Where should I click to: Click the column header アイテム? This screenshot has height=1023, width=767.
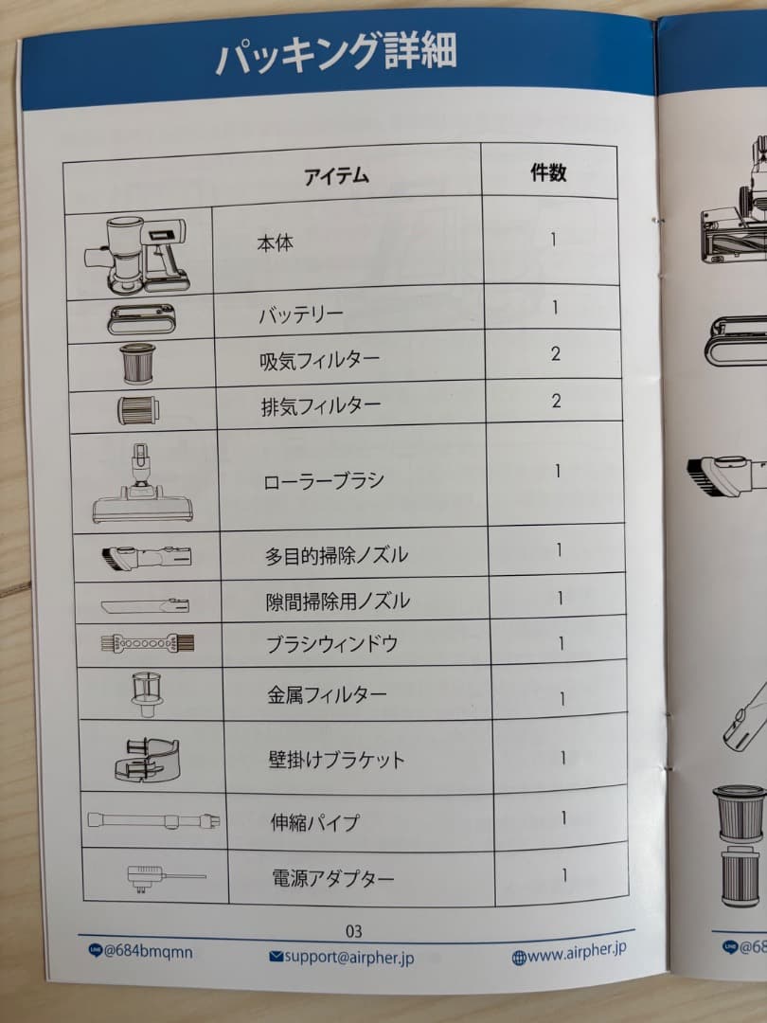(x=335, y=176)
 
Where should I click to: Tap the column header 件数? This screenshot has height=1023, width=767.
(x=548, y=172)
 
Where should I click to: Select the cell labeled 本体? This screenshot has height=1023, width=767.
(x=275, y=243)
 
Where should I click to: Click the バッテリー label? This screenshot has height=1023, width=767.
(x=301, y=315)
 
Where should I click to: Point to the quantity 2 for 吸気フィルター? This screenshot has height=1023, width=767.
(x=556, y=353)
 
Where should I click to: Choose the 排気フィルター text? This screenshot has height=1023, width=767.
(x=320, y=406)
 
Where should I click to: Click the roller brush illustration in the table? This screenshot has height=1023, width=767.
(x=142, y=483)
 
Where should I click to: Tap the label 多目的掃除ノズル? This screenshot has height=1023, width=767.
(x=336, y=555)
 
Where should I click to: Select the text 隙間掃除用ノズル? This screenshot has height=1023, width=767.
(x=337, y=601)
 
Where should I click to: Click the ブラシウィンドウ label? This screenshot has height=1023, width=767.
(x=331, y=644)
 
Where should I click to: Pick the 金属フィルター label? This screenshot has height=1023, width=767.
(x=327, y=694)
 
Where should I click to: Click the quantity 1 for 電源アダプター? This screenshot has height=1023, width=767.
(x=564, y=875)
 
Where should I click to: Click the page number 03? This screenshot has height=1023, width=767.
(x=354, y=931)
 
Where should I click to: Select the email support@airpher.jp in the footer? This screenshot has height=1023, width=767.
(x=342, y=958)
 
